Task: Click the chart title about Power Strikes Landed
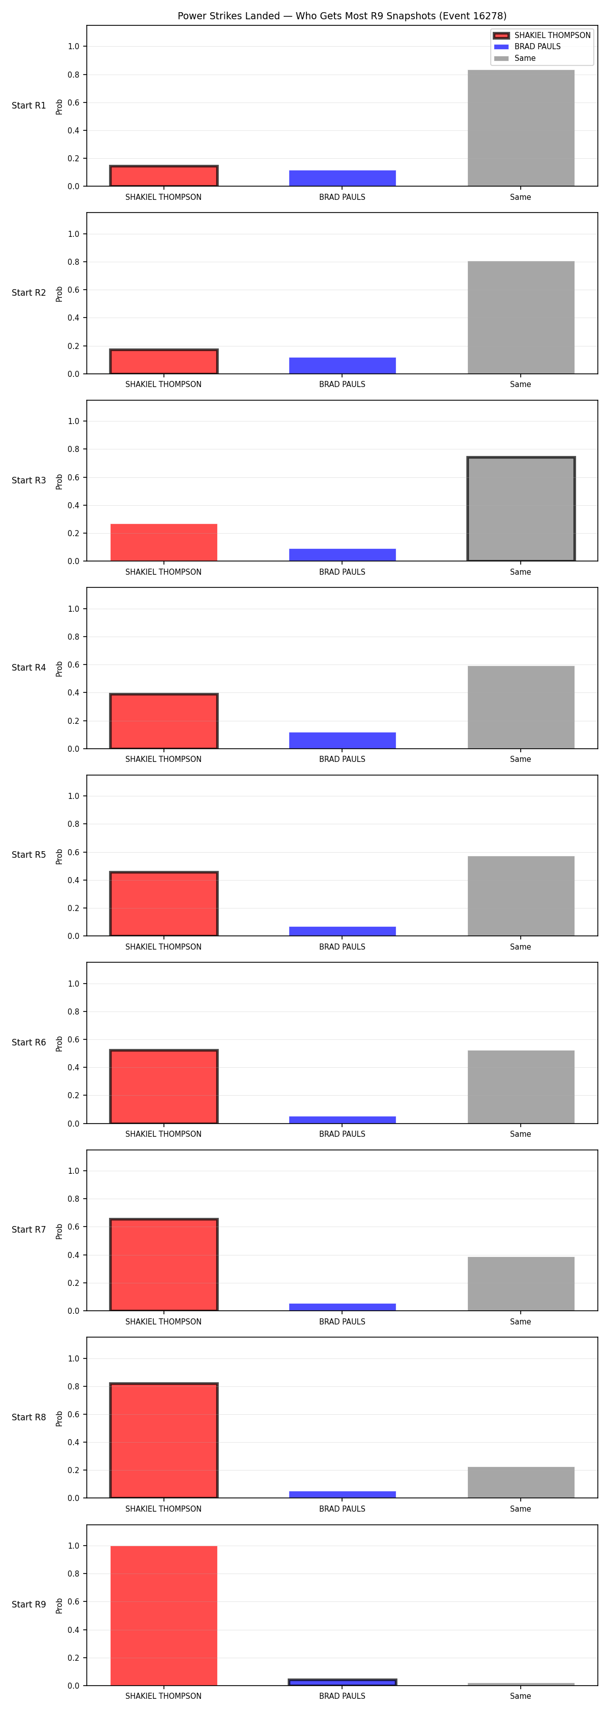pyautogui.click(x=342, y=16)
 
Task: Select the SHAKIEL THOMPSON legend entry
pyautogui.click(x=542, y=35)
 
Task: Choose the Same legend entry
pyautogui.click(x=515, y=58)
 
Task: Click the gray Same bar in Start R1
pyautogui.click(x=521, y=128)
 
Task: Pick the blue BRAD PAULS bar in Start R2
pyautogui.click(x=343, y=366)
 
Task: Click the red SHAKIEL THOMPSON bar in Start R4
pyautogui.click(x=163, y=721)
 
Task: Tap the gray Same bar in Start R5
pyautogui.click(x=521, y=896)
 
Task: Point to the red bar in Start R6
pyautogui.click(x=163, y=1087)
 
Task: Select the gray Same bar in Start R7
pyautogui.click(x=521, y=1283)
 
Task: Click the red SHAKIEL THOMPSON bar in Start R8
pyautogui.click(x=163, y=1441)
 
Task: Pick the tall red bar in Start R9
pyautogui.click(x=163, y=1616)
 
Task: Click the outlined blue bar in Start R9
pyautogui.click(x=343, y=1682)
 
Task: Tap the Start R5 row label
pyautogui.click(x=28, y=855)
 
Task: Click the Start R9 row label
pyautogui.click(x=28, y=1604)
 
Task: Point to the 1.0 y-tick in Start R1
pyautogui.click(x=73, y=47)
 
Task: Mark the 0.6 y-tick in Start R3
pyautogui.click(x=73, y=477)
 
